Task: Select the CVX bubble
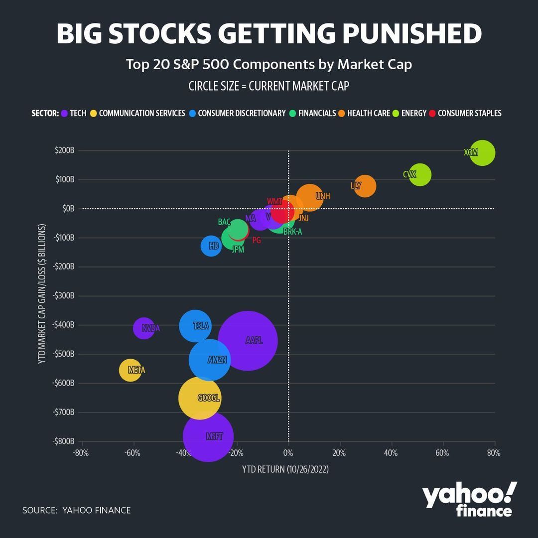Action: tap(420, 175)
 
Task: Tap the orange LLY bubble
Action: tap(365, 186)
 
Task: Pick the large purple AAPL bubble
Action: tap(248, 341)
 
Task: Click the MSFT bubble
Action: tap(208, 436)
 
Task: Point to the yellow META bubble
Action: tap(131, 370)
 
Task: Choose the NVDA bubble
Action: tap(144, 328)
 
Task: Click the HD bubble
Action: tap(211, 246)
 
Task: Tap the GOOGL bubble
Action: tap(200, 398)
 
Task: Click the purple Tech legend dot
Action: tap(64, 113)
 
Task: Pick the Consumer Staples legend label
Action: tap(469, 113)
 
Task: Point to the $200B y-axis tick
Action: tap(65, 150)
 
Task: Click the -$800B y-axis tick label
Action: tap(63, 441)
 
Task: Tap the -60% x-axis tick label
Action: tap(132, 453)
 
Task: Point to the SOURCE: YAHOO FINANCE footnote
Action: tap(76, 510)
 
